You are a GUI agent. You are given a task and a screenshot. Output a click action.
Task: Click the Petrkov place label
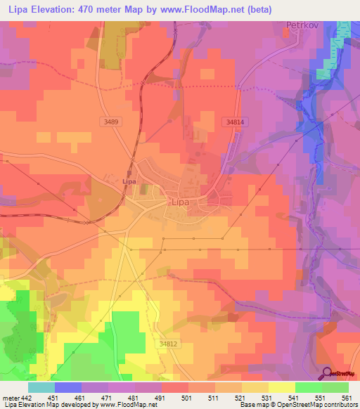click(x=303, y=25)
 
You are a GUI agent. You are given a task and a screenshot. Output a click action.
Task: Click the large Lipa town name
click(x=181, y=202)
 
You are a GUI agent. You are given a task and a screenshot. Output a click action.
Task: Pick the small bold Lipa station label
click(x=128, y=181)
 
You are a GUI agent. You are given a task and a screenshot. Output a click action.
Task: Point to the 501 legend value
click(x=187, y=398)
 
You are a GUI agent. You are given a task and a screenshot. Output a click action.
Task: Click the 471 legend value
click(x=107, y=398)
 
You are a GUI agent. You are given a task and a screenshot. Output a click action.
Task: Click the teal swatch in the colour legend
click(x=41, y=387)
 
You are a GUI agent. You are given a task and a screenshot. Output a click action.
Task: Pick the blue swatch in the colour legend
click(x=67, y=387)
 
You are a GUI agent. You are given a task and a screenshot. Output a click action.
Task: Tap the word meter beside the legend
click(x=11, y=398)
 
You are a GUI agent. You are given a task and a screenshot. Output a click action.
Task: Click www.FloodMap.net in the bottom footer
click(x=134, y=405)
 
